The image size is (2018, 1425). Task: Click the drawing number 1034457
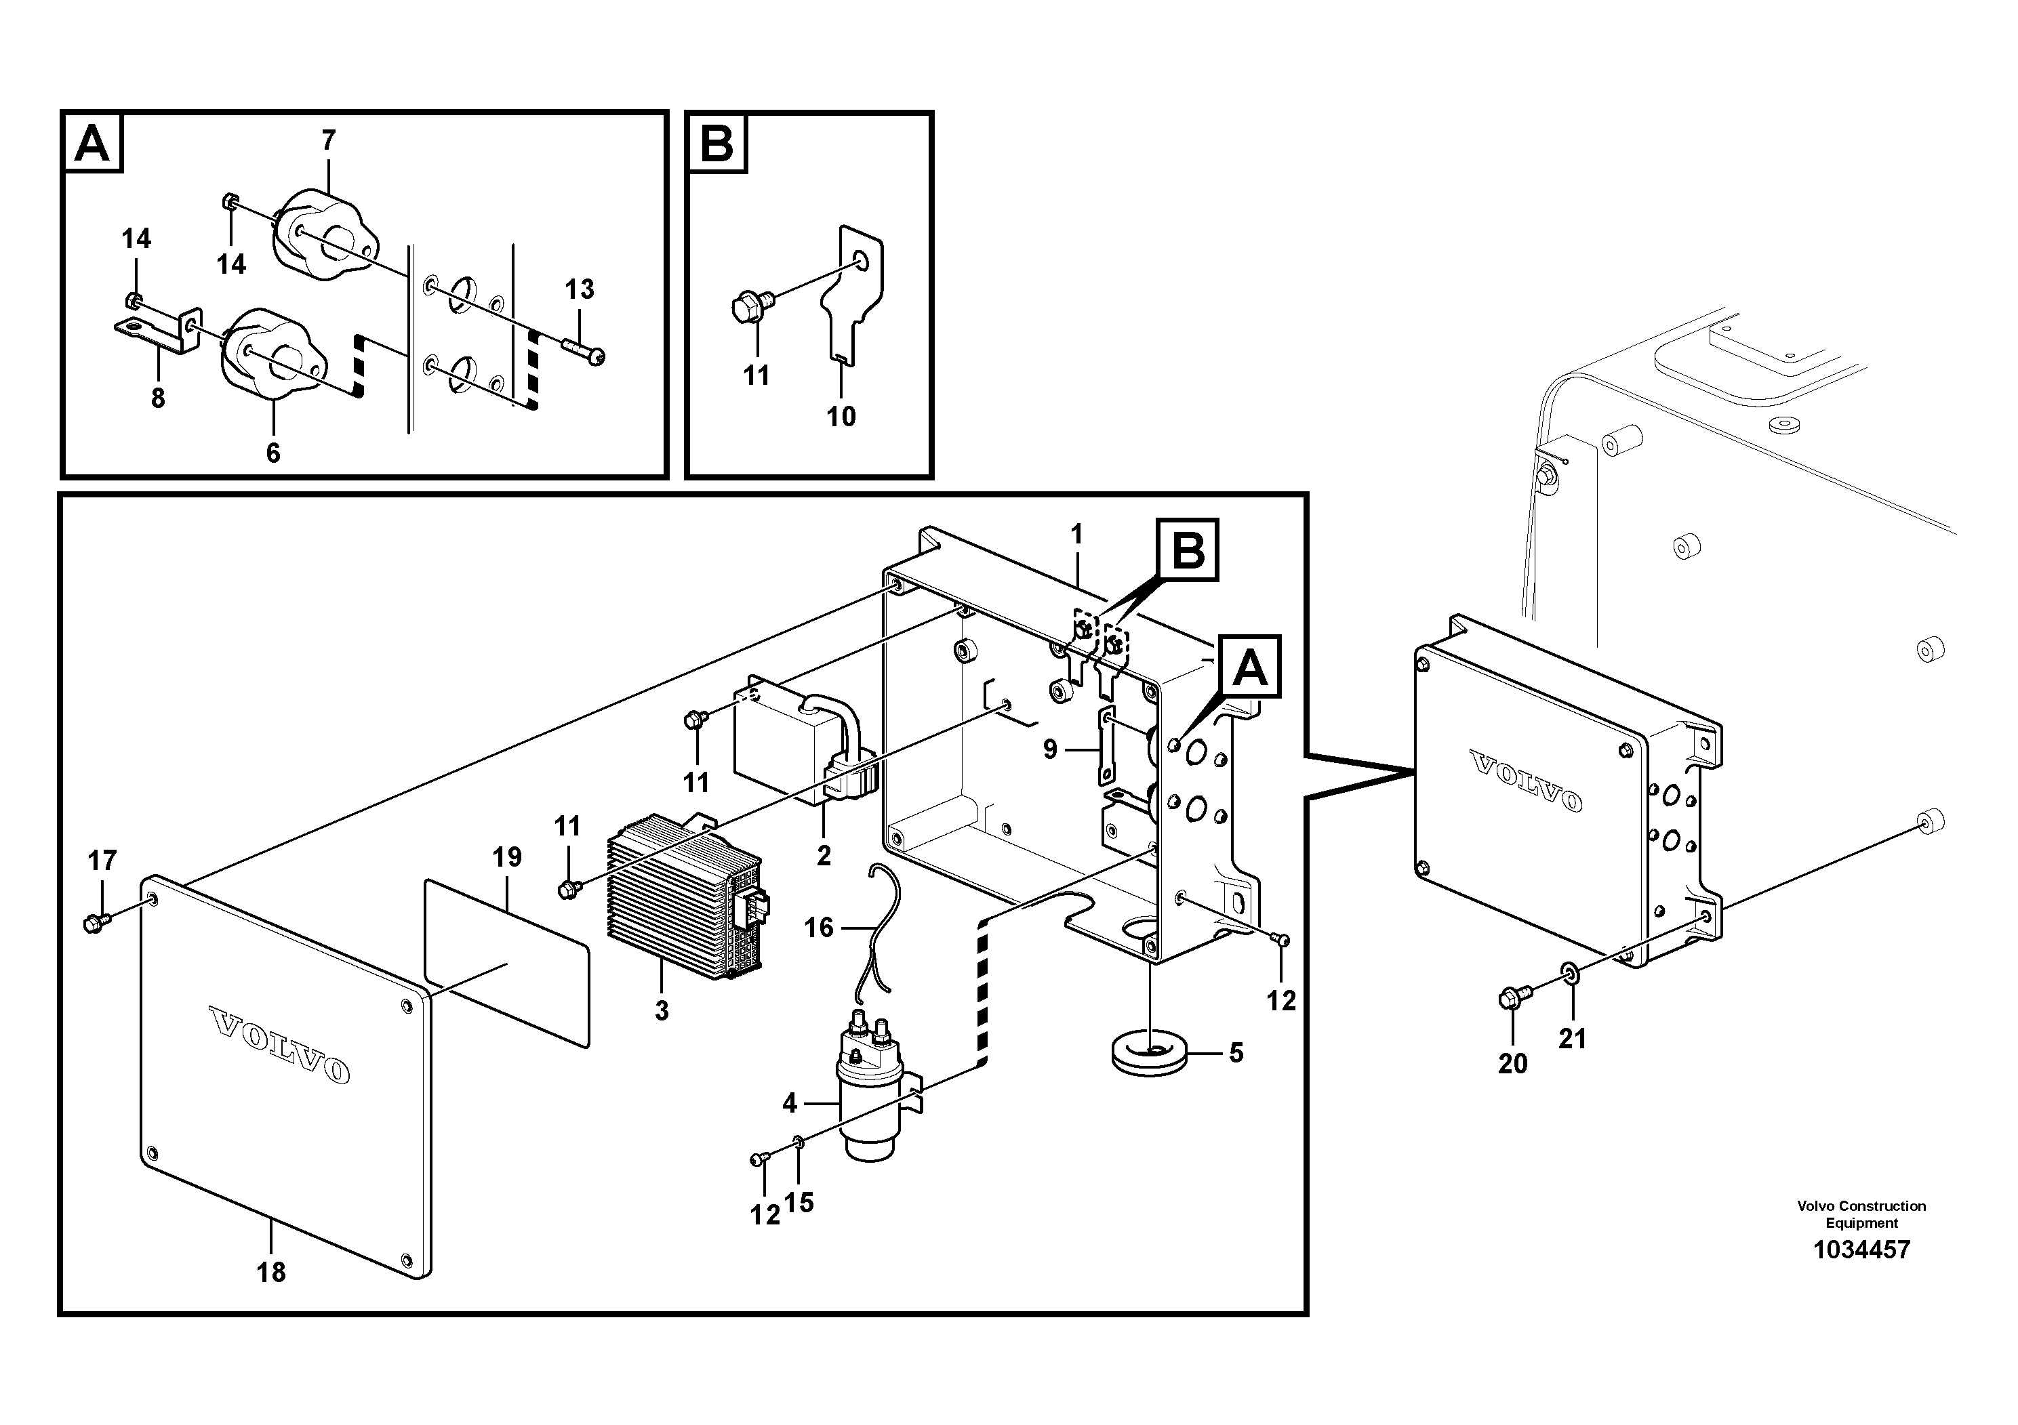(x=1861, y=1250)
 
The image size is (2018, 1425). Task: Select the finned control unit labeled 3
(x=681, y=892)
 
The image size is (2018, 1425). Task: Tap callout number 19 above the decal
(x=507, y=856)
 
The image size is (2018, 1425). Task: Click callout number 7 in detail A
(x=329, y=140)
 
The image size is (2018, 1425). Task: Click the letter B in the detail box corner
(x=717, y=142)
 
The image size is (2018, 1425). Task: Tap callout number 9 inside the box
(x=1049, y=749)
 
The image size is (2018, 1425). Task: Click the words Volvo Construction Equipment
(x=1861, y=1214)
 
